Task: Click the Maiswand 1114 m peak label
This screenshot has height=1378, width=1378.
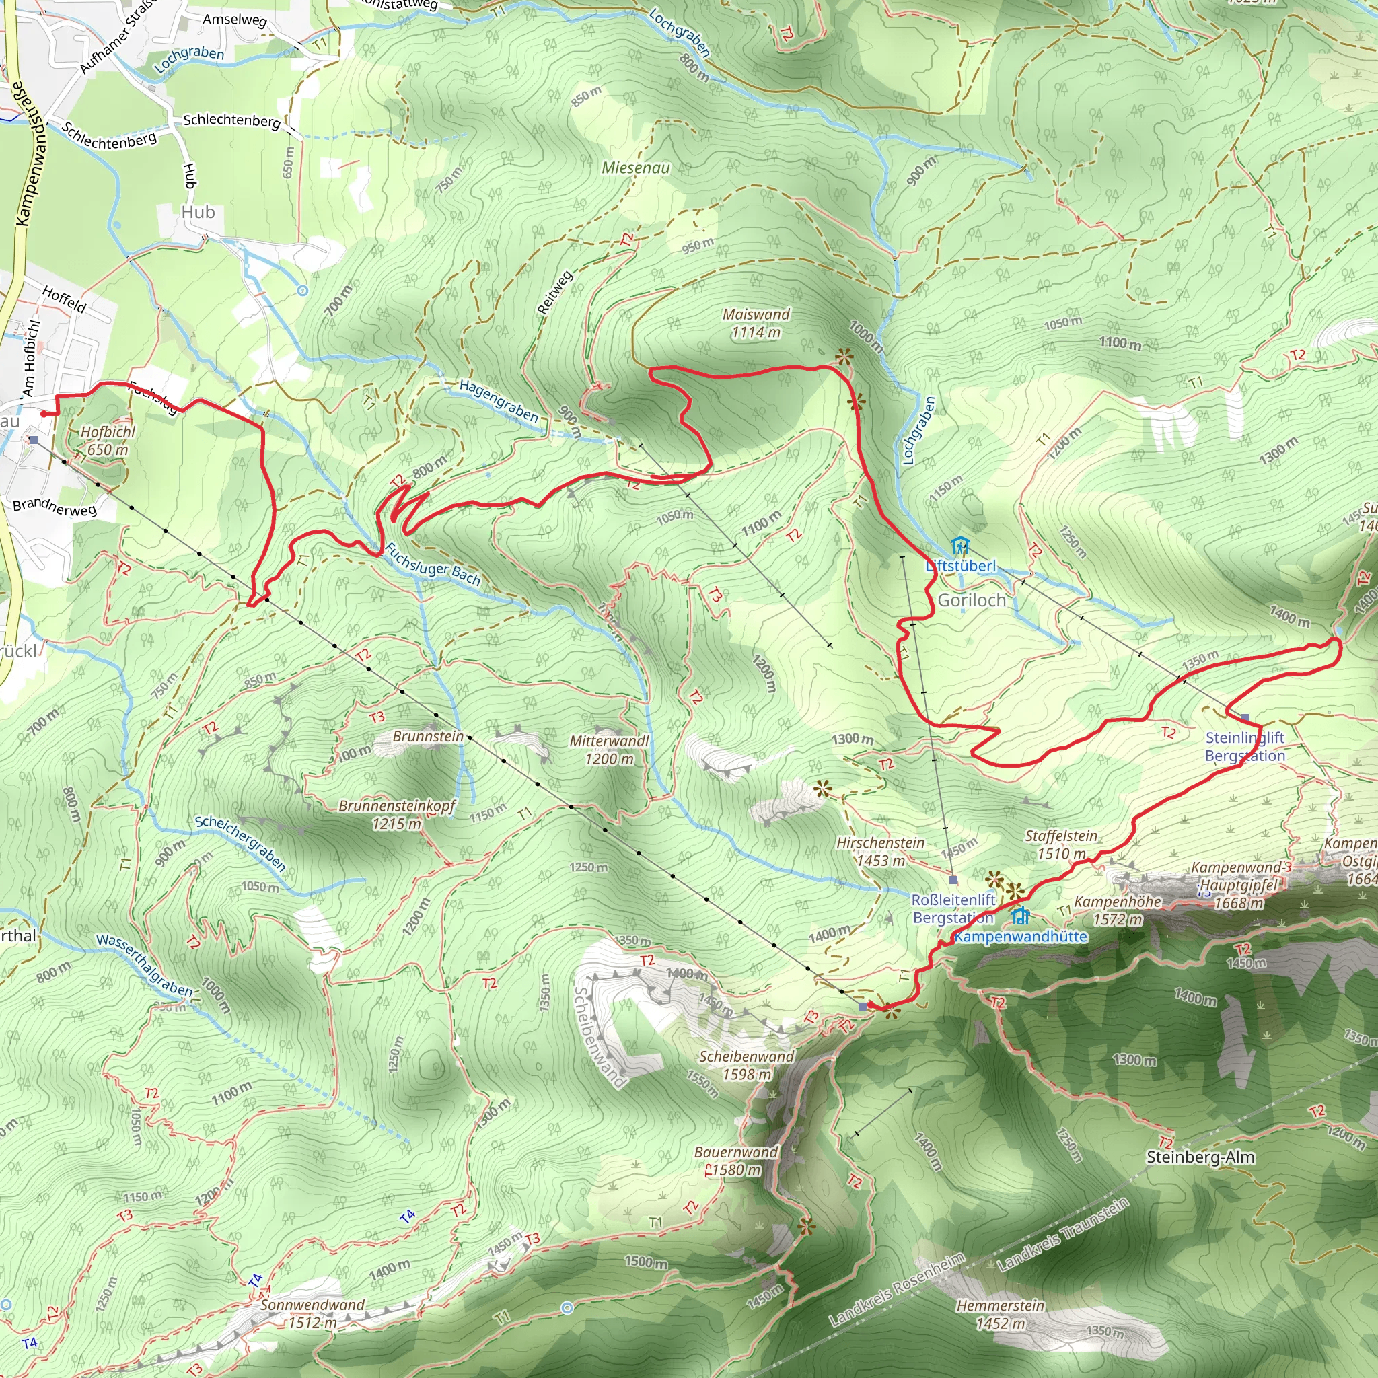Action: (756, 323)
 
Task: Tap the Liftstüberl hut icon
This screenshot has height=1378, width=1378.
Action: (961, 547)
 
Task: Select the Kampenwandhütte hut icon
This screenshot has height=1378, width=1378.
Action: (1021, 916)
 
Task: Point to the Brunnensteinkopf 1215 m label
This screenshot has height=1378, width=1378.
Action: (396, 815)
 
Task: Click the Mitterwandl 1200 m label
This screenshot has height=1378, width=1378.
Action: (609, 750)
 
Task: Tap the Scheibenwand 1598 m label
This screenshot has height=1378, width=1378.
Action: (746, 1065)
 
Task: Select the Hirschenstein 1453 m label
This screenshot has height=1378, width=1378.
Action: (880, 852)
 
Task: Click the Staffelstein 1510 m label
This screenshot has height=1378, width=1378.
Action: (1060, 844)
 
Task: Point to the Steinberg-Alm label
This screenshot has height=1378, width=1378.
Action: (1200, 1157)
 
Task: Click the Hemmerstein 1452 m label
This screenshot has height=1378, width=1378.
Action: (1000, 1315)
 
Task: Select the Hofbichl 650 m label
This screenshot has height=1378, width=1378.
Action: (108, 441)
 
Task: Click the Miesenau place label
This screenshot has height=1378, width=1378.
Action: (635, 168)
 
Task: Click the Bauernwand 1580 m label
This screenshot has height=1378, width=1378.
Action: (735, 1161)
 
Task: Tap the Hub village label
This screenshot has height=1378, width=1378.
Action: (198, 212)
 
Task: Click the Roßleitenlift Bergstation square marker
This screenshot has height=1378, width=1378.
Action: (953, 879)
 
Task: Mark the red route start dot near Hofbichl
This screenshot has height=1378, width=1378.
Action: (44, 414)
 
